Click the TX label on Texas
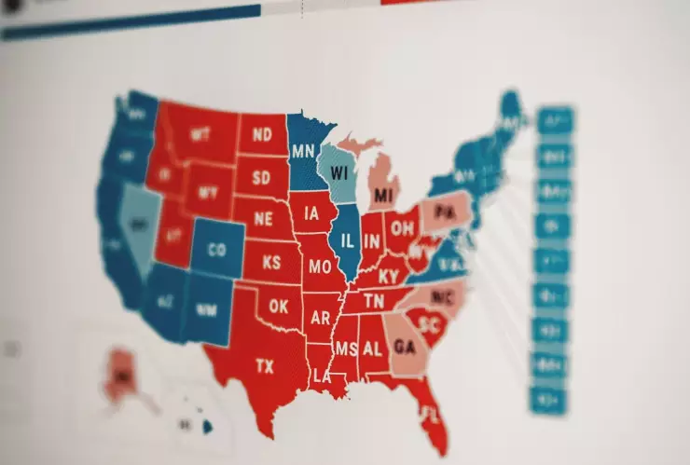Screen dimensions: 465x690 pyautogui.click(x=265, y=366)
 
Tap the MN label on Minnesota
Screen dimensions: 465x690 pyautogui.click(x=302, y=151)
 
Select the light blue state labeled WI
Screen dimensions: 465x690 pyautogui.click(x=338, y=174)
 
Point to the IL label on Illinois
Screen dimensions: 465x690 pyautogui.click(x=346, y=241)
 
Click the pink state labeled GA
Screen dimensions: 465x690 pyautogui.click(x=405, y=347)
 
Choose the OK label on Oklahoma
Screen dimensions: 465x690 pyautogui.click(x=278, y=306)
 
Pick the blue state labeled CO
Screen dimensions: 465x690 pyautogui.click(x=216, y=250)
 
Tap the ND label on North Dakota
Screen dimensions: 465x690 pyautogui.click(x=262, y=136)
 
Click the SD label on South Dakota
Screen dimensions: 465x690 pyautogui.click(x=262, y=177)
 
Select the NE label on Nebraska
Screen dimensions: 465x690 pyautogui.click(x=264, y=220)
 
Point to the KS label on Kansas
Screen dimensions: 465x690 pyautogui.click(x=271, y=263)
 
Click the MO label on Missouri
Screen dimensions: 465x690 pyautogui.click(x=320, y=267)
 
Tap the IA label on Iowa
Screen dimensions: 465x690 pyautogui.click(x=311, y=214)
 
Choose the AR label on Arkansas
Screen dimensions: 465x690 pyautogui.click(x=321, y=318)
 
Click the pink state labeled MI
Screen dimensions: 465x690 pyautogui.click(x=382, y=196)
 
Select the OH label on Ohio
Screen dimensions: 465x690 pyautogui.click(x=403, y=228)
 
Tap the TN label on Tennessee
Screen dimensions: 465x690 pyautogui.click(x=374, y=301)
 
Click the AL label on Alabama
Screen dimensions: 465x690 pyautogui.click(x=372, y=349)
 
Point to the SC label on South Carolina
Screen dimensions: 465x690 pyautogui.click(x=429, y=325)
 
